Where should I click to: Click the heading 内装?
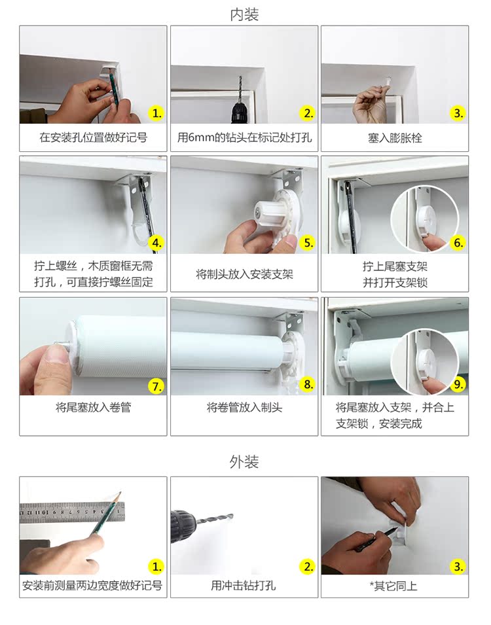[x=244, y=14]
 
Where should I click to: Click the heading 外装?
[x=244, y=461]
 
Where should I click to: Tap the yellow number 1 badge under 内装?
[x=156, y=114]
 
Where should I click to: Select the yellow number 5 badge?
[x=308, y=243]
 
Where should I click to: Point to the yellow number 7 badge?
[x=156, y=386]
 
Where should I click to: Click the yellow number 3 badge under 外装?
[x=458, y=566]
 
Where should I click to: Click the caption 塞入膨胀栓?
[x=395, y=138]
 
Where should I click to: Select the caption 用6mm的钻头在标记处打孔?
[x=244, y=137]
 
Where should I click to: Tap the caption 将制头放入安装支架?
[x=244, y=274]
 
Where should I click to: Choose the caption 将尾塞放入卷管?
[x=94, y=407]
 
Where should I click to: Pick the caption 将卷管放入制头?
[x=244, y=407]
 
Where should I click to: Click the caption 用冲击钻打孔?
[x=244, y=586]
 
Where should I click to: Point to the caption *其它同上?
[x=393, y=586]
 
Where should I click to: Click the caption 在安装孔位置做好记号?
[x=94, y=137]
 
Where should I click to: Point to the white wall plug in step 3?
[x=388, y=81]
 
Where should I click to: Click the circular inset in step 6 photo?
[x=425, y=219]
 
